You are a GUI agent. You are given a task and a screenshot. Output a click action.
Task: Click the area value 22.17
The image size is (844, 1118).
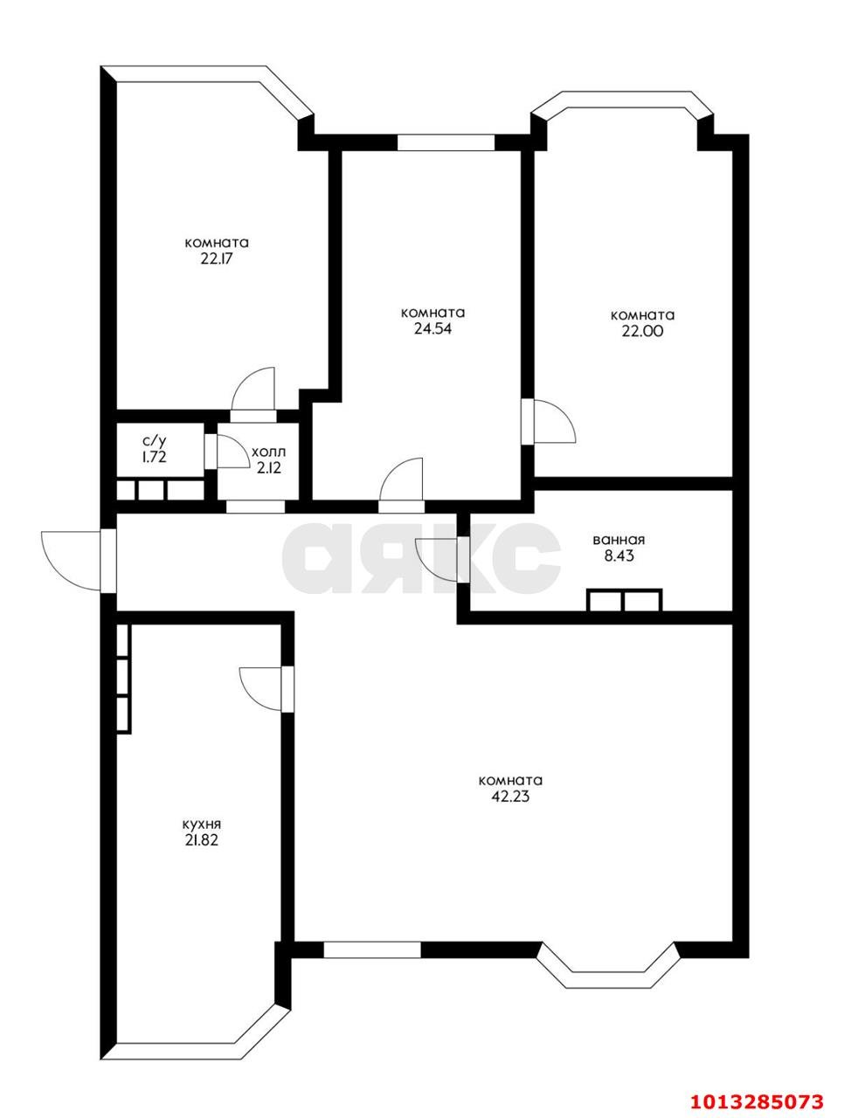(217, 259)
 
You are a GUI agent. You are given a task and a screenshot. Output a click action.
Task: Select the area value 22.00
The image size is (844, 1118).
(642, 331)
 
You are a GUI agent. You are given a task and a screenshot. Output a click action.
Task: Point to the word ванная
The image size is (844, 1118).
(623, 539)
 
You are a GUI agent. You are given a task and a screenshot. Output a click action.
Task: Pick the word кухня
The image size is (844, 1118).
(201, 824)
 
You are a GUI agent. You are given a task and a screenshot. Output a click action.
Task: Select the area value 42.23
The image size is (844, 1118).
(511, 797)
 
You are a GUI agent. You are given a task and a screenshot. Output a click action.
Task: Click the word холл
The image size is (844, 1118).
(267, 452)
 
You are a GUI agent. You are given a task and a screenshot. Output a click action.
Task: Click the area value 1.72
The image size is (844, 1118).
(154, 457)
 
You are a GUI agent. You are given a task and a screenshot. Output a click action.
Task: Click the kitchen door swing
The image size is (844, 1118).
(259, 689)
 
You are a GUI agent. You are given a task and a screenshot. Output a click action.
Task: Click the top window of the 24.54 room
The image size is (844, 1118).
(446, 142)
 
